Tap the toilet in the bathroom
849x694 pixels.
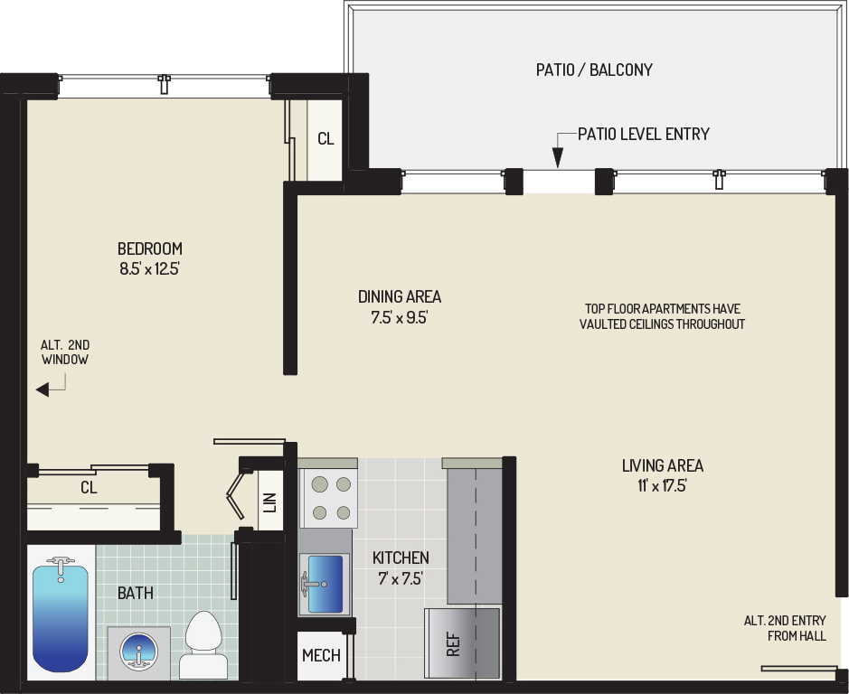click(x=203, y=644)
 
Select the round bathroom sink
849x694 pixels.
click(x=139, y=652)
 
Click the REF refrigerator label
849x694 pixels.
click(x=453, y=643)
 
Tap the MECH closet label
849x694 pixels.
click(x=321, y=655)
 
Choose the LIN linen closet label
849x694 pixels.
click(x=269, y=502)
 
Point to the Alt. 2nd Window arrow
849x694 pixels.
click(x=50, y=387)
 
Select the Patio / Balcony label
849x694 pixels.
click(x=594, y=70)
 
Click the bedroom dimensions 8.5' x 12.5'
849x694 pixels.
click(x=149, y=268)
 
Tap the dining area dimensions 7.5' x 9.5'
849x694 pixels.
click(x=400, y=317)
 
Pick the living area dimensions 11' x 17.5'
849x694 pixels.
click(x=662, y=485)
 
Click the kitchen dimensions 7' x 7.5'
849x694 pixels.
click(x=401, y=578)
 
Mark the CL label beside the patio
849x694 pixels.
click(x=325, y=139)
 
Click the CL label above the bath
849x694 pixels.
click(x=89, y=488)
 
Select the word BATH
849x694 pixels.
click(x=136, y=594)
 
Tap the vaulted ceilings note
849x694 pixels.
click(x=662, y=316)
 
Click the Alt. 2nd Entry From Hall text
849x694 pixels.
click(x=785, y=628)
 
